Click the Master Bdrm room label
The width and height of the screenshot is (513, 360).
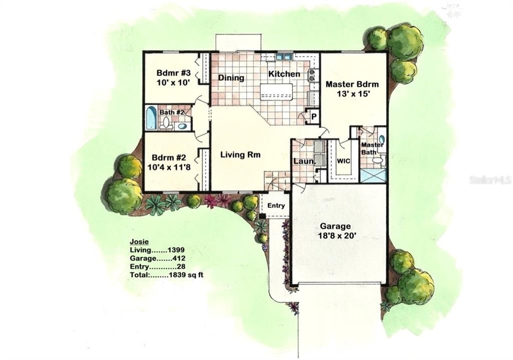pos(352,84)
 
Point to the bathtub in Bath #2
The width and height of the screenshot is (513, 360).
pos(151,118)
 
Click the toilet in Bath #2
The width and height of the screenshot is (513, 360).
pos(166,122)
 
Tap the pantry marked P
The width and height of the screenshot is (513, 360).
pos(313,117)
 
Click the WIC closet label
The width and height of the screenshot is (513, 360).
pos(343,161)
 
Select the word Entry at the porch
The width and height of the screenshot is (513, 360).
pos(276,206)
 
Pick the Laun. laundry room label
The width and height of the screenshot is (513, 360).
pos(303,161)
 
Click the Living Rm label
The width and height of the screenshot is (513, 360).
pos(240,155)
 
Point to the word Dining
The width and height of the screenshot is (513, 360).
pos(231,78)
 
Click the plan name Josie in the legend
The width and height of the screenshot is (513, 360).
pos(139,242)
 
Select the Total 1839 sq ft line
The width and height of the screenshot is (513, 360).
pos(167,275)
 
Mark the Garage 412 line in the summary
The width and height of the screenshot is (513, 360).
pos(158,258)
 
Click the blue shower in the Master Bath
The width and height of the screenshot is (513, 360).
pos(373,175)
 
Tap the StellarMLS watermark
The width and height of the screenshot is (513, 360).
pos(489,179)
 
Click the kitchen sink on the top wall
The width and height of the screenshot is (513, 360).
pos(284,57)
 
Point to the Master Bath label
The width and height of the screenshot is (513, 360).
pos(372,148)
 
